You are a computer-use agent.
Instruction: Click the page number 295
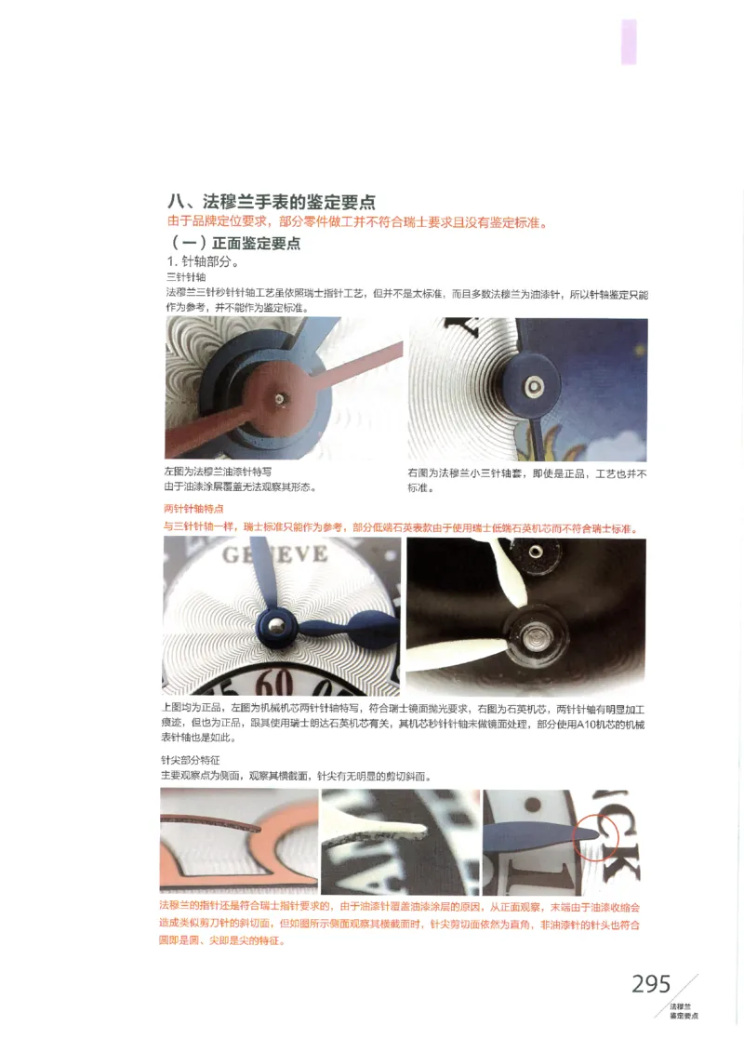651,983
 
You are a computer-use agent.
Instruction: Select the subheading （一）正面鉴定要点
232,243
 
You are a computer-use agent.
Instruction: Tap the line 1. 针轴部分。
203,261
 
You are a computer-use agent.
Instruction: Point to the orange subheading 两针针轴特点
193,510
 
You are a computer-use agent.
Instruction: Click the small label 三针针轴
185,277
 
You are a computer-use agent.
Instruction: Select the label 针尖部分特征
192,760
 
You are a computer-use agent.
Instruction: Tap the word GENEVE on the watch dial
274,555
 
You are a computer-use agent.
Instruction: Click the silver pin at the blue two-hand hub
277,628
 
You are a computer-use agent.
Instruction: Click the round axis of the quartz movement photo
531,637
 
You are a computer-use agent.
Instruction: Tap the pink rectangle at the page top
629,42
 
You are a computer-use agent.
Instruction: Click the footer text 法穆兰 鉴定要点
683,1011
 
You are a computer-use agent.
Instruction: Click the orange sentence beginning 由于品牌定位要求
357,222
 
